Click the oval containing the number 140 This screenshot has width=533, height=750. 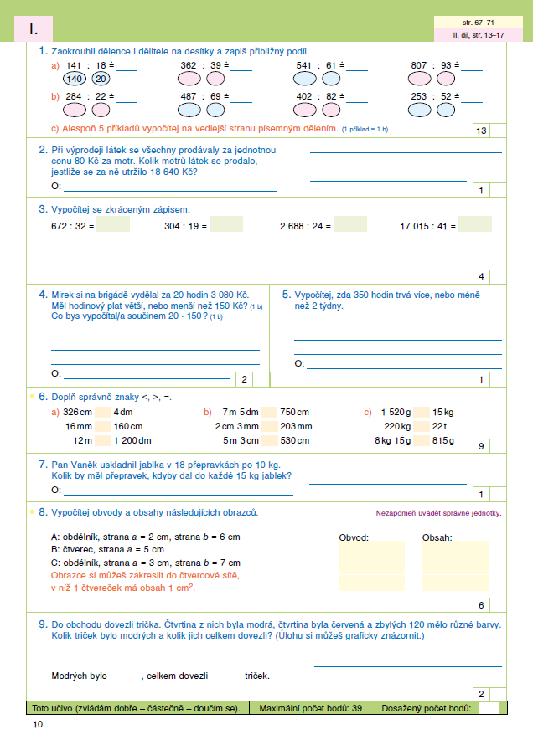point(75,80)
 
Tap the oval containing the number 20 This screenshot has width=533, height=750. point(101,80)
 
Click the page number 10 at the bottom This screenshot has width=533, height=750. point(36,724)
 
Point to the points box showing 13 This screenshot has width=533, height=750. point(481,131)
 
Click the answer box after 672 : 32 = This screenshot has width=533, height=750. point(112,224)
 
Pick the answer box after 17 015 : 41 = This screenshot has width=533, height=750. point(475,224)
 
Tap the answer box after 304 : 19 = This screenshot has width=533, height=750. point(226,224)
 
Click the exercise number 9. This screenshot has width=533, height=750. point(42,624)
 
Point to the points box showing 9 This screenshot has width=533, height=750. point(482,447)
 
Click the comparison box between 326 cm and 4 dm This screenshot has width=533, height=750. point(103,412)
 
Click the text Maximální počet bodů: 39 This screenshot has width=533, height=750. point(310,708)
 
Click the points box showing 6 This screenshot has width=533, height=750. point(482,605)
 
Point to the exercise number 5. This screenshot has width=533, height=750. point(286,295)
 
